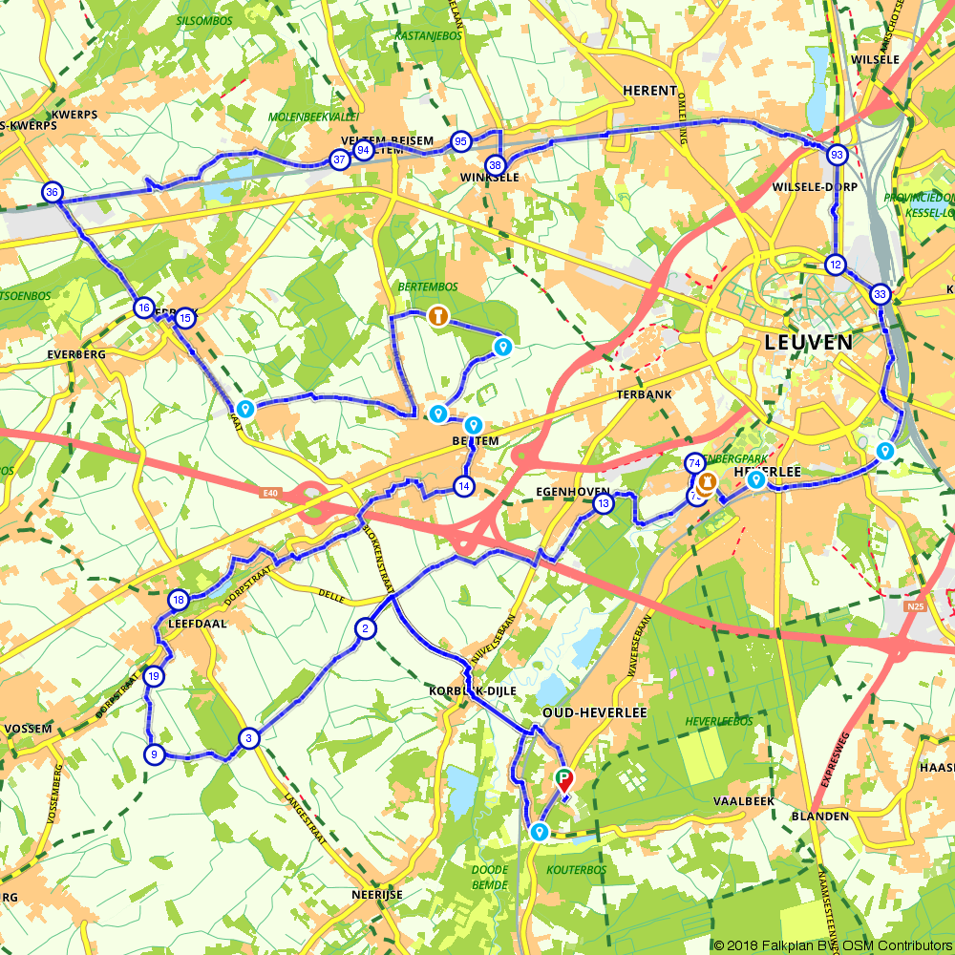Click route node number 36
click(x=52, y=192)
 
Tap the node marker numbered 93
click(x=837, y=155)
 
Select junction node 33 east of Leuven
click(x=881, y=294)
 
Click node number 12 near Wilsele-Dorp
click(x=836, y=265)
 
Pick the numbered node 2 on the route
click(x=365, y=628)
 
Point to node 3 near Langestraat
click(x=248, y=738)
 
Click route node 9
click(x=153, y=754)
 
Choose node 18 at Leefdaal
click(x=179, y=600)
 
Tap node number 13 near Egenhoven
click(x=603, y=503)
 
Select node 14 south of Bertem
click(x=464, y=486)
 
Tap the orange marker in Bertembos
click(x=437, y=314)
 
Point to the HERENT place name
click(x=649, y=90)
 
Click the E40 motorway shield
click(x=273, y=493)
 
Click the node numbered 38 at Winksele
click(x=495, y=165)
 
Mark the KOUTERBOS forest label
click(x=576, y=870)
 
